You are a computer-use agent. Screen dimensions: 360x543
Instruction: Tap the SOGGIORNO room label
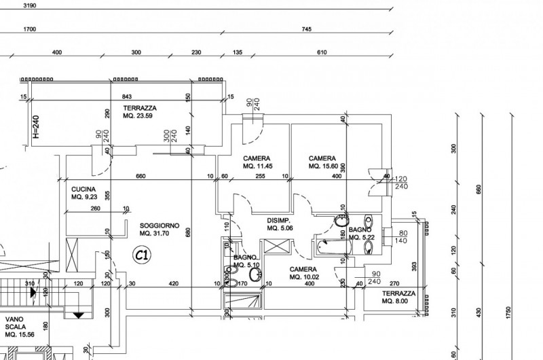(159, 229)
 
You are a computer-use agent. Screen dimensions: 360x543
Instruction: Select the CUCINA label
(84, 194)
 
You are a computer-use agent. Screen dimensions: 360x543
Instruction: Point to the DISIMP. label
(279, 225)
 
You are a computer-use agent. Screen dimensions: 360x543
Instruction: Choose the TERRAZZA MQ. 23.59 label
(140, 112)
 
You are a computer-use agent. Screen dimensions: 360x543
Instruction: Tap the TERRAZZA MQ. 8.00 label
(398, 297)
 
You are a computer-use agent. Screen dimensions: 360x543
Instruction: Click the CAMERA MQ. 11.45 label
(258, 162)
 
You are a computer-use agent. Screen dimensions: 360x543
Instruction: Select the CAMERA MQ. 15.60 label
(323, 162)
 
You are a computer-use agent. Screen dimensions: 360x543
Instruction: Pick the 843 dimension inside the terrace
(126, 97)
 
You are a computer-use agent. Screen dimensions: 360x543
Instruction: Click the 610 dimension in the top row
(322, 52)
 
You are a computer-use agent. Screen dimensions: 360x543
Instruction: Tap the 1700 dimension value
(29, 29)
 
